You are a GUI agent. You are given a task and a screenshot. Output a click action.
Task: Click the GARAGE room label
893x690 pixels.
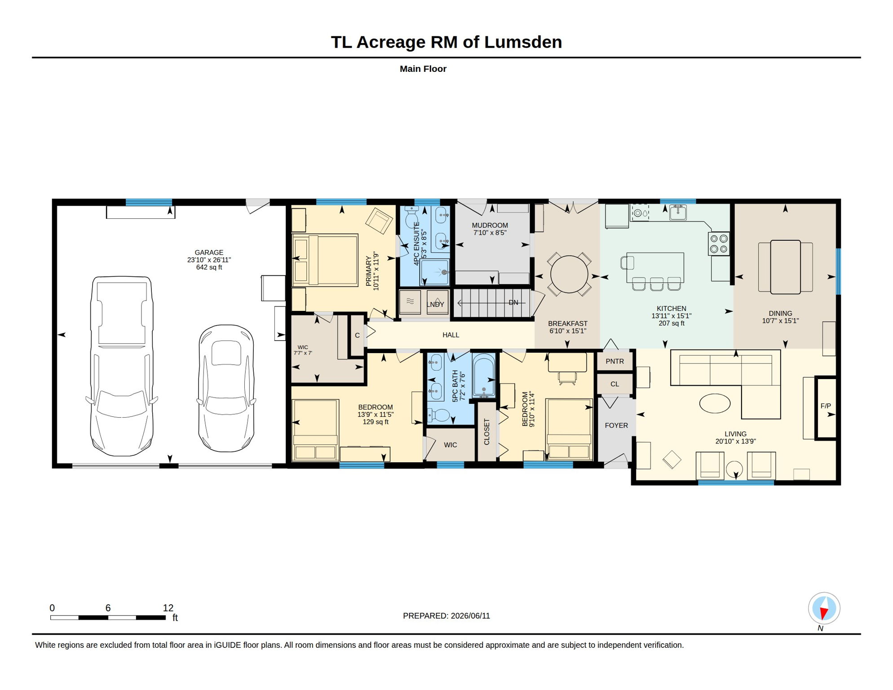click(209, 252)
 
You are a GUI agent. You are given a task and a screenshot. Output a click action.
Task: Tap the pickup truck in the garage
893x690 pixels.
click(122, 366)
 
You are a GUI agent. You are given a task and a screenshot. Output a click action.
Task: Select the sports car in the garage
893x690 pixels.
click(226, 388)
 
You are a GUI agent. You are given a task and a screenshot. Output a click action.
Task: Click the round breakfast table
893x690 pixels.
click(569, 274)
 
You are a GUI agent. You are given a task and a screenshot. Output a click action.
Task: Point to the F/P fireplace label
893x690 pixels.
click(826, 406)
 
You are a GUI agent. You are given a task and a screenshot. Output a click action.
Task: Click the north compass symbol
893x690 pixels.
click(824, 609)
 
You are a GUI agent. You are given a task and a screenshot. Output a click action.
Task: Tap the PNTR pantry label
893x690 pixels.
click(614, 361)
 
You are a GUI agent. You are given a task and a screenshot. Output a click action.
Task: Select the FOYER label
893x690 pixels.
click(616, 425)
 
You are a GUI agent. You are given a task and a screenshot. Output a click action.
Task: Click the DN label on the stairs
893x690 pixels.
click(513, 303)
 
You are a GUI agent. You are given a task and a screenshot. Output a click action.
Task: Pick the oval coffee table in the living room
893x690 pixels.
click(715, 403)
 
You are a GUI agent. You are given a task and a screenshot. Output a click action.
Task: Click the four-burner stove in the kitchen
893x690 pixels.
click(719, 243)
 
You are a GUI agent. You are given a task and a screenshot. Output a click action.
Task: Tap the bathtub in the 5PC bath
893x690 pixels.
click(484, 376)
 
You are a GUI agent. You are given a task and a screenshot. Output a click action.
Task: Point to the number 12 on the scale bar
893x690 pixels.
click(168, 608)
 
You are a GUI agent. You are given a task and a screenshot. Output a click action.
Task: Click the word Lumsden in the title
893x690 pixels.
click(523, 42)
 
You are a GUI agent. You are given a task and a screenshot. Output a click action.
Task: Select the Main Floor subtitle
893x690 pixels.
click(423, 69)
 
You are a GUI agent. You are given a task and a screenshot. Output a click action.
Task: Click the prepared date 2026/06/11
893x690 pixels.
click(470, 616)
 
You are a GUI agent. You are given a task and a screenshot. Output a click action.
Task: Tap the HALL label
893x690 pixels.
click(451, 335)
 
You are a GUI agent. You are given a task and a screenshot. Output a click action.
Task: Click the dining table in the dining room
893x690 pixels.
click(785, 267)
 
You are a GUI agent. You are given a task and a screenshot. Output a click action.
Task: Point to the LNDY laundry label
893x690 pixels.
click(435, 305)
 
